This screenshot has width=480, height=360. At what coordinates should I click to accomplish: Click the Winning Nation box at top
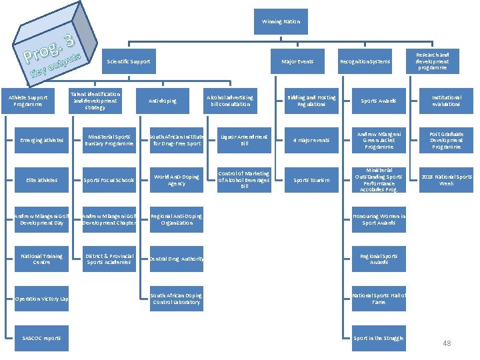tap(281, 22)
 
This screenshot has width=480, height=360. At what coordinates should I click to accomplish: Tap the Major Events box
tap(297, 61)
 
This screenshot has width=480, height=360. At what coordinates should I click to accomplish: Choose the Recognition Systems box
tap(365, 61)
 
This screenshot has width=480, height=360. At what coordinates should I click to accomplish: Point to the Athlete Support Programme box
tap(28, 101)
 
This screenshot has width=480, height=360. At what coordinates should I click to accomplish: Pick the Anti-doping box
tap(163, 101)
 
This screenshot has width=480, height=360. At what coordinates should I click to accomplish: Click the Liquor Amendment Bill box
tap(245, 141)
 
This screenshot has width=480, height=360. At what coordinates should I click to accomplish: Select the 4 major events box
tap(311, 141)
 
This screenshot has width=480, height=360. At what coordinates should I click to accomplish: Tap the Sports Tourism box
tap(311, 180)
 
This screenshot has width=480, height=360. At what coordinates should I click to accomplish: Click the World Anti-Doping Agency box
tap(176, 180)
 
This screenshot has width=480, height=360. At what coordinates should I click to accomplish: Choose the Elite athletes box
tap(42, 180)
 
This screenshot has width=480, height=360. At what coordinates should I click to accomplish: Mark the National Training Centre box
tap(42, 259)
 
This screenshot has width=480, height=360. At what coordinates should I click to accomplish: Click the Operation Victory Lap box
tap(42, 299)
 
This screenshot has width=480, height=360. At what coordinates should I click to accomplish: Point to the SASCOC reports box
tap(42, 338)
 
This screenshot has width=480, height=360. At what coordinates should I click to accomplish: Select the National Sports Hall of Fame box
tap(379, 299)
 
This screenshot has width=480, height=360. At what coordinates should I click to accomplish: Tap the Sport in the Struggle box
tap(379, 338)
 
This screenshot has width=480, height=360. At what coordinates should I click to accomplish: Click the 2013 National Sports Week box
tap(446, 180)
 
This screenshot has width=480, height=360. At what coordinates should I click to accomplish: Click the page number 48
tap(447, 343)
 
